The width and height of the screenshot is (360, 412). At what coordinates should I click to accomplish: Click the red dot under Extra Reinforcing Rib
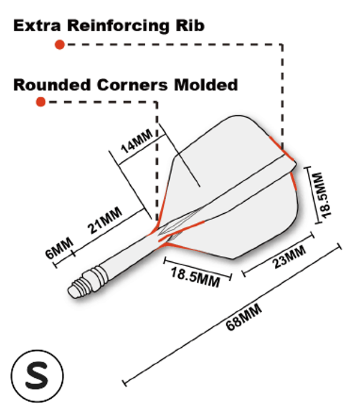click(x=59, y=44)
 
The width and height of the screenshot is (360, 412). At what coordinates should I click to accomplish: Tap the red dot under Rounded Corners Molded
click(x=41, y=102)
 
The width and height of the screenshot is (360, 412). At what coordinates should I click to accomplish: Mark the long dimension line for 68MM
click(x=198, y=336)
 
